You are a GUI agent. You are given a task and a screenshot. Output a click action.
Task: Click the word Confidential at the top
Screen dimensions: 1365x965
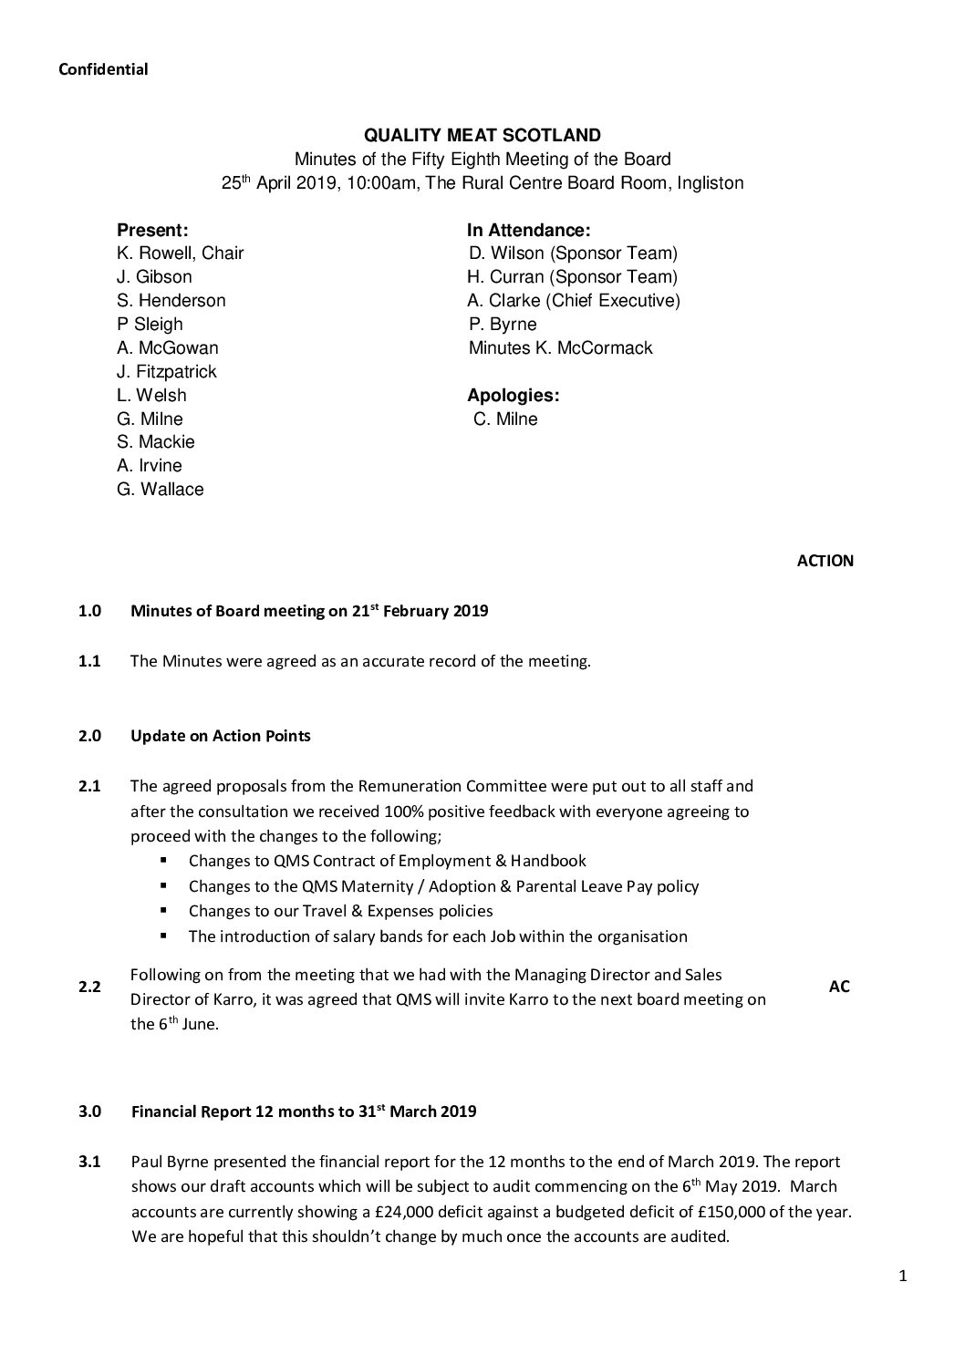point(103,69)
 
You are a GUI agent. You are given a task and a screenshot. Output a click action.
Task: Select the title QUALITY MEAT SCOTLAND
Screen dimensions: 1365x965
point(482,136)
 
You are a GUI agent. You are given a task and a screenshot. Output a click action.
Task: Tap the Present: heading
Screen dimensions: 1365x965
point(152,230)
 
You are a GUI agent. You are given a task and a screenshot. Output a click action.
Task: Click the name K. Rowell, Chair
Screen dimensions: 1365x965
point(180,253)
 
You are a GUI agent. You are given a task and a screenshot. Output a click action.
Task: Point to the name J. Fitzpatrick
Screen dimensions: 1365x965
point(167,371)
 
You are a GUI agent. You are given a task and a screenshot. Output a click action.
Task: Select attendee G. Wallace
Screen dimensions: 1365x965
point(161,490)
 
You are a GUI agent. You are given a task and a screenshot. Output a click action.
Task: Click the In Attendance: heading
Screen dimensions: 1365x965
point(529,230)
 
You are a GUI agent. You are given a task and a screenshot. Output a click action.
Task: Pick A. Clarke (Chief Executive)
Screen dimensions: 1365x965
point(575,301)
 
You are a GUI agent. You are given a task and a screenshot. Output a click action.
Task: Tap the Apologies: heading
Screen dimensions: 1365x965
point(513,395)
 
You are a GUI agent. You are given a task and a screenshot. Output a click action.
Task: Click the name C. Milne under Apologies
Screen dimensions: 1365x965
point(505,419)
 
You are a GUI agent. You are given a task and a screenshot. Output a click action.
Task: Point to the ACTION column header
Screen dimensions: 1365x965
point(825,562)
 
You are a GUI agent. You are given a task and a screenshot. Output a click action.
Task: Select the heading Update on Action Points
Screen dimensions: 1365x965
point(221,736)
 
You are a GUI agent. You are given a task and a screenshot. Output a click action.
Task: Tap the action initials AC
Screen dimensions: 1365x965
point(839,987)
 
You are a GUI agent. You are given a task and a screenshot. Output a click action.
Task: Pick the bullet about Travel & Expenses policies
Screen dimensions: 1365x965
point(340,911)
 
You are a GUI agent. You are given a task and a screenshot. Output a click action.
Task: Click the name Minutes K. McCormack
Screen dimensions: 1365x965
point(560,348)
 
